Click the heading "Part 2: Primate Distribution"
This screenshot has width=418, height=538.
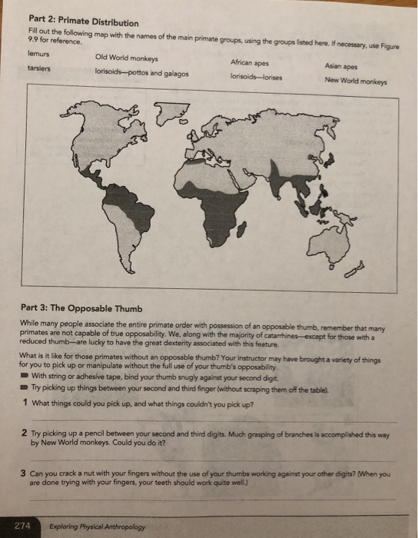[72, 22]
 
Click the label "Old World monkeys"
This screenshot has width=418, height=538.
[126, 58]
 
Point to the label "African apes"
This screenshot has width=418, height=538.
[249, 62]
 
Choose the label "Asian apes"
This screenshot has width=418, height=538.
[341, 67]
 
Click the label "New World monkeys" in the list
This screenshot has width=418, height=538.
[356, 79]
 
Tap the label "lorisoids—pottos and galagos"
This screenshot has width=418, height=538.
[141, 73]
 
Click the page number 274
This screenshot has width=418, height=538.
[22, 526]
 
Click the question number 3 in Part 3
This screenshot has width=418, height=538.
[25, 473]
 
